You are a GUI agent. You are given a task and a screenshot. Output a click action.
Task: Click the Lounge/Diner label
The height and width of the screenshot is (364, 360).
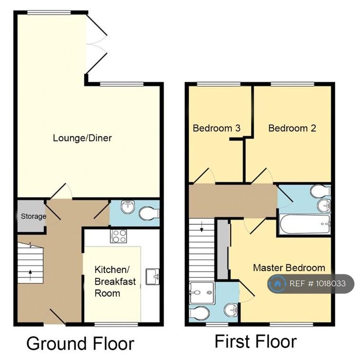(82, 138)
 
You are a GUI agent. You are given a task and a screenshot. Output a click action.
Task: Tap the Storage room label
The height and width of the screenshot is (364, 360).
(34, 216)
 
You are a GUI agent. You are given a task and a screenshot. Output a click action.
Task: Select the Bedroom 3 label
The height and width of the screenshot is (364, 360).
(216, 128)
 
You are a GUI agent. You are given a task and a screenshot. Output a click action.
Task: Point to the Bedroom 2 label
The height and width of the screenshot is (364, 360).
(292, 128)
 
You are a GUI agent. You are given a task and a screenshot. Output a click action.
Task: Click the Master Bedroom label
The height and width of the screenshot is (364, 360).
(289, 268)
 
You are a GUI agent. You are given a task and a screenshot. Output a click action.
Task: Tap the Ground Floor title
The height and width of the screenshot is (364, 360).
(80, 344)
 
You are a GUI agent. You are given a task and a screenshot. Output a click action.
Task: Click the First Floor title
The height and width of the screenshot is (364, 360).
(256, 341)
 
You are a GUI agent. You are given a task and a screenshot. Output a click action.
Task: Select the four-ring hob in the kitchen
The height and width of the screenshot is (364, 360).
(119, 236)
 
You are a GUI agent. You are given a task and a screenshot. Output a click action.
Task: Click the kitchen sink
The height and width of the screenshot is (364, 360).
(152, 276)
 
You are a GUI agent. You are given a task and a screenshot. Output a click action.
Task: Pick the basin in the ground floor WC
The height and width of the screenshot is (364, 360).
(127, 206)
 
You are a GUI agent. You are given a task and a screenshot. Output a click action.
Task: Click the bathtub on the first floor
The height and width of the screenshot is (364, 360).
(305, 224)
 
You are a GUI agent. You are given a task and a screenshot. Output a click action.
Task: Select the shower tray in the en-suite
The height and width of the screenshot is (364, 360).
(202, 293)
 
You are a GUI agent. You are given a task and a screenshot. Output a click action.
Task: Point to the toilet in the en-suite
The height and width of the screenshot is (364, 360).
(199, 313)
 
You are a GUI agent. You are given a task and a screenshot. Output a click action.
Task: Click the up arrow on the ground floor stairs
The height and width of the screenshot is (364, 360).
(30, 275)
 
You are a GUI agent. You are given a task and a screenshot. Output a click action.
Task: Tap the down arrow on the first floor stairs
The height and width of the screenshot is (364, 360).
(202, 227)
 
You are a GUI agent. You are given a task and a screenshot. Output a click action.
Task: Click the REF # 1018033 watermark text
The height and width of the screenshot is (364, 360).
(317, 283)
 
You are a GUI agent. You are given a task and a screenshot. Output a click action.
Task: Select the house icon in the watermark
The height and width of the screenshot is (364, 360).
(277, 283)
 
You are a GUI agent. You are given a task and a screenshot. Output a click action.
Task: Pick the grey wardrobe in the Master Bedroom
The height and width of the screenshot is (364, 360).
(223, 249)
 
